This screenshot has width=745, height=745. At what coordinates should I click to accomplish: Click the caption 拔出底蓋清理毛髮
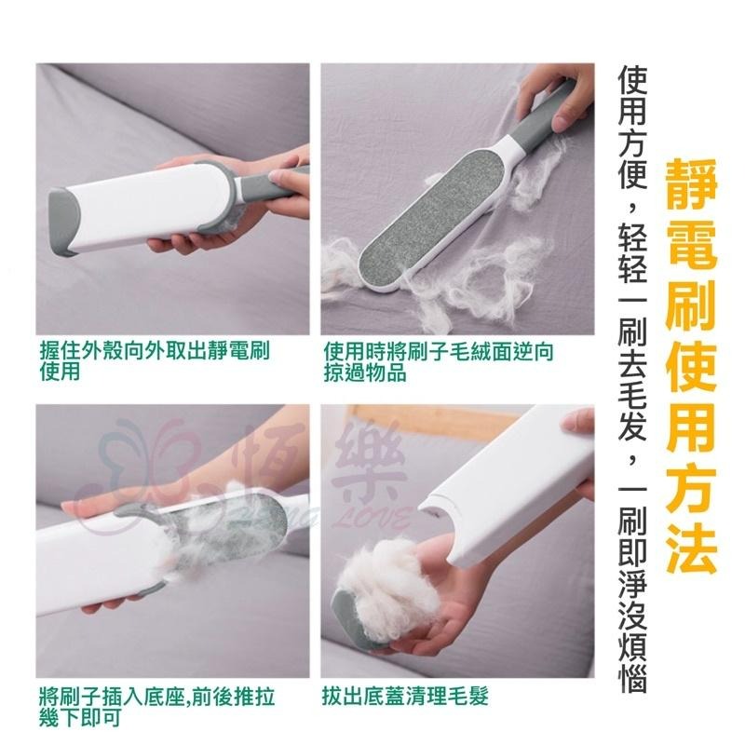(x=405, y=696)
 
